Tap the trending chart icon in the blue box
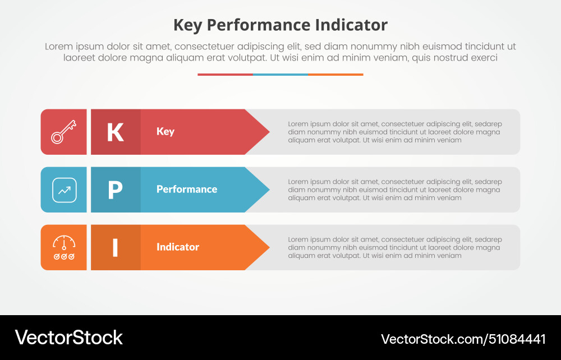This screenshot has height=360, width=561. (x=64, y=190)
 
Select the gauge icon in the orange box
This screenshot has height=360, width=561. (x=64, y=247)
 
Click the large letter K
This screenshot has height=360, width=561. (x=115, y=132)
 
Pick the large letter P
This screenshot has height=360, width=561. (x=115, y=190)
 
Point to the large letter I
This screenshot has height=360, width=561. (x=115, y=248)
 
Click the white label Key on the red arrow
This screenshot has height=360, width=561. (x=165, y=132)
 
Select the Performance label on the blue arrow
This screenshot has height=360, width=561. (x=187, y=190)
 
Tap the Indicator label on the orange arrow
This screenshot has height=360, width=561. (x=178, y=247)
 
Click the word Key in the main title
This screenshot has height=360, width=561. (x=188, y=25)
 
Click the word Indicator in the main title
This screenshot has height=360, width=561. (x=351, y=25)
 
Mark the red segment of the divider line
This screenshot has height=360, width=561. (x=225, y=74)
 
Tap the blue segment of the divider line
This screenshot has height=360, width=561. (x=280, y=74)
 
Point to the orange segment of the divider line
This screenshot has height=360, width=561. (x=335, y=74)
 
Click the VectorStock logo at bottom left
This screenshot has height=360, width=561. (x=68, y=338)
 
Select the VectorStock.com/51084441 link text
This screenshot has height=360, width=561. (x=463, y=339)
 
